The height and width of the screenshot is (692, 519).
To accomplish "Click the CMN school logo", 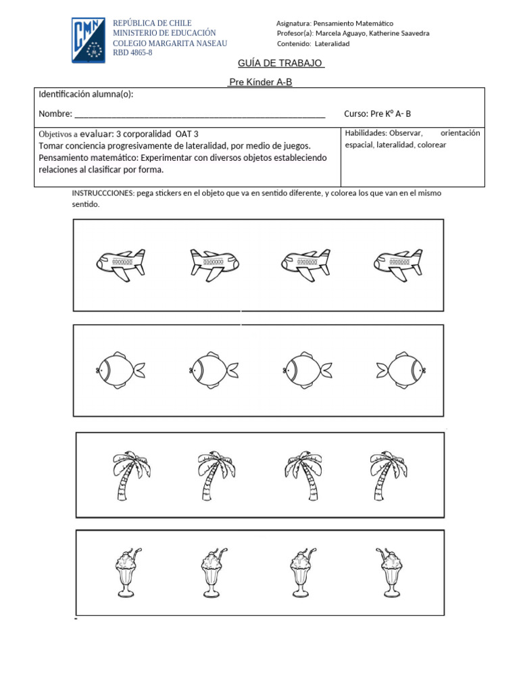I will tap(89, 41).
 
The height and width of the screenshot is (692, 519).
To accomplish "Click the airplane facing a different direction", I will tap(215, 264).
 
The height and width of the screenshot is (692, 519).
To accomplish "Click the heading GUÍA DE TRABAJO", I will tap(281, 64).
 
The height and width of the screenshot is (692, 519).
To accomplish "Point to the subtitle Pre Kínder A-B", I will tap(259, 82).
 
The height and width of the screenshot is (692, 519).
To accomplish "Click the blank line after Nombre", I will tap(199, 114).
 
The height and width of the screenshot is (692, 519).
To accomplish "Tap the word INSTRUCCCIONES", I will tap(102, 193).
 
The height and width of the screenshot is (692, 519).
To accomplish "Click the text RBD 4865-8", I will tap(132, 53).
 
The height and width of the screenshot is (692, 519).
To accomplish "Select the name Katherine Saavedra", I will tap(399, 33).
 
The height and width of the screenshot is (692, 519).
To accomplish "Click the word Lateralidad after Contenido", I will tap(332, 44).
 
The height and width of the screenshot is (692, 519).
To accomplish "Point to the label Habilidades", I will tap(366, 133).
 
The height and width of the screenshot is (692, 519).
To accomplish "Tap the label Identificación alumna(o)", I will tap(86, 94).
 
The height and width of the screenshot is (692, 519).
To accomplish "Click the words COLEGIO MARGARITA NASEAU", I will tap(170, 43).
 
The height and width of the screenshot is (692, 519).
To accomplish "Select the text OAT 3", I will tap(187, 134).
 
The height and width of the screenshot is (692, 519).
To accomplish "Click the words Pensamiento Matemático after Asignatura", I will tap(354, 24).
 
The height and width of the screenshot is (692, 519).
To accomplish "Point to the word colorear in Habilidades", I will tap(432, 145).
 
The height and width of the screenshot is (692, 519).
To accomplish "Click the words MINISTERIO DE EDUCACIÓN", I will tap(164, 33).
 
